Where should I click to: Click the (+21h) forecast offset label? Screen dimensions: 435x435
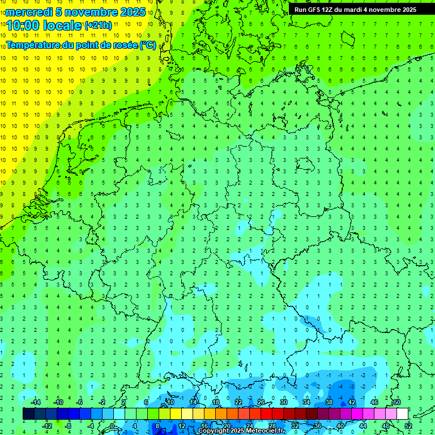pos(98,25)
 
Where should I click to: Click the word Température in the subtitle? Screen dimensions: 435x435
pos(33,45)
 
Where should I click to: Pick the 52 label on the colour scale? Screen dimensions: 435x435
pos(408,425)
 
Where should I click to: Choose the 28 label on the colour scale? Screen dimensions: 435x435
pos(272,425)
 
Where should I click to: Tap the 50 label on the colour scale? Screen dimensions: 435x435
pos(397,402)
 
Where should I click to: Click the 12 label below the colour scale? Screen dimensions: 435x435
pos(181,425)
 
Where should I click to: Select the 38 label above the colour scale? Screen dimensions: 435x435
pos(329,402)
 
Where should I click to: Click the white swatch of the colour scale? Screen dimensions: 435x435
pos(403,414)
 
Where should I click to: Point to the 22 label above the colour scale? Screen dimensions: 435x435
pos(238,402)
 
